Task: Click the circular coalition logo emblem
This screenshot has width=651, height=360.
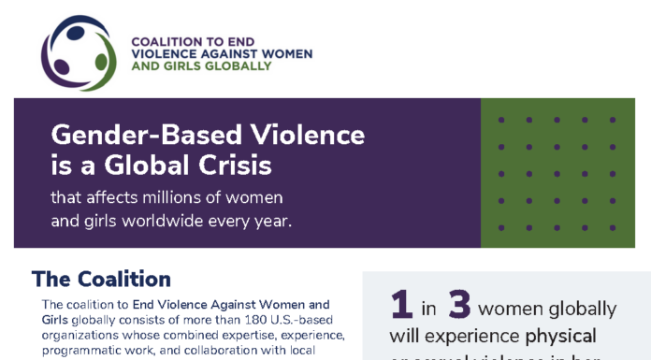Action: [x=79, y=54]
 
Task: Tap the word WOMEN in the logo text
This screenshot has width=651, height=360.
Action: [x=259, y=53]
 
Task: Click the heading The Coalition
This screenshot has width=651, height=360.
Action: [x=101, y=279]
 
